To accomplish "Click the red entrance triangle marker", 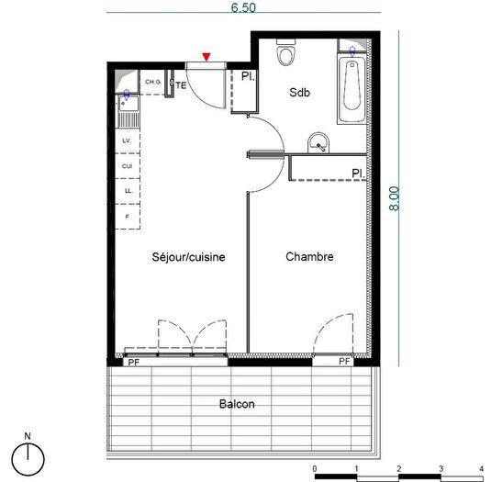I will pyautogui.click(x=208, y=58).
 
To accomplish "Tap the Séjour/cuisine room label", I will pyautogui.click(x=188, y=257).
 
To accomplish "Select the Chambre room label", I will pyautogui.click(x=309, y=257).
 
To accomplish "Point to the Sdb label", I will pyautogui.click(x=300, y=93).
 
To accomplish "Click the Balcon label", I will pyautogui.click(x=237, y=404).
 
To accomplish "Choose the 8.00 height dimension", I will pyautogui.click(x=396, y=200).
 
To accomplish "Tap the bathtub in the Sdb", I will pyautogui.click(x=350, y=92).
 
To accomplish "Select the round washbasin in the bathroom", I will pyautogui.click(x=318, y=142).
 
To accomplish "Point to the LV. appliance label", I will pyautogui.click(x=127, y=140).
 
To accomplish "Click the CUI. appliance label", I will pyautogui.click(x=127, y=165).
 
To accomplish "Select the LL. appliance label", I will pyautogui.click(x=127, y=190).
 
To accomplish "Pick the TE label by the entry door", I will pyautogui.click(x=181, y=85).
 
